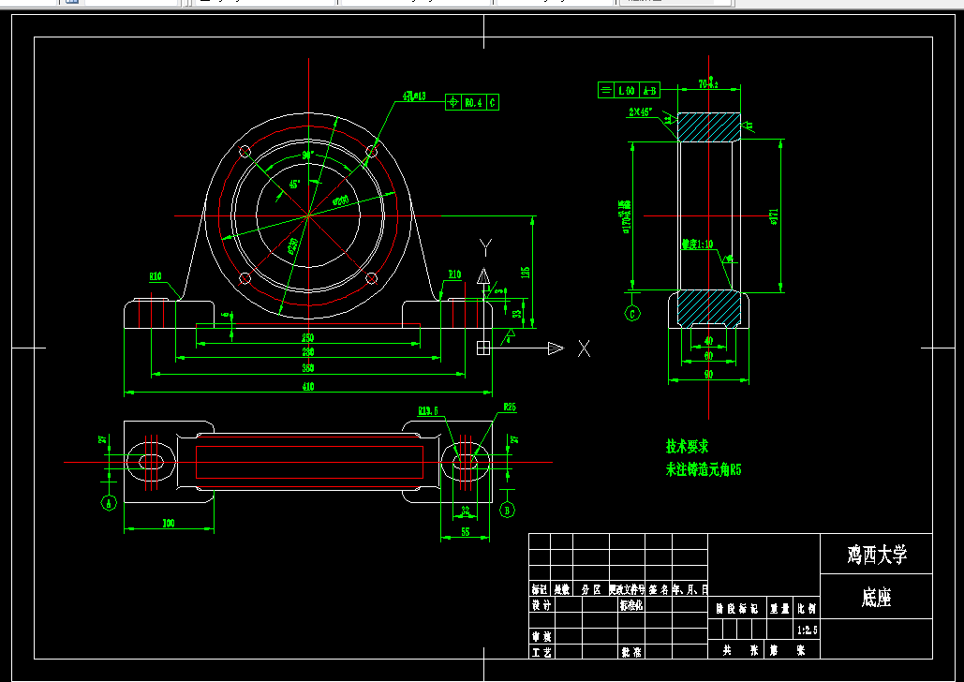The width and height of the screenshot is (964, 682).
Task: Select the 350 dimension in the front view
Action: click(x=307, y=368)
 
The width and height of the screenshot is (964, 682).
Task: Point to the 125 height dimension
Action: click(x=526, y=272)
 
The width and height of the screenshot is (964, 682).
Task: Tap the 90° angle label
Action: click(x=306, y=156)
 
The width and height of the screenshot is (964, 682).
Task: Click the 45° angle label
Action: click(x=294, y=185)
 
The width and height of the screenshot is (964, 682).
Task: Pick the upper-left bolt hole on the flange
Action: click(x=245, y=151)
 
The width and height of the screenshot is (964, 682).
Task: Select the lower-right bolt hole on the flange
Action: click(x=371, y=278)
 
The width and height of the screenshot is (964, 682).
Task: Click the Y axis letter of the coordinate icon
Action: click(x=485, y=246)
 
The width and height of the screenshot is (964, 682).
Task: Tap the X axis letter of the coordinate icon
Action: click(x=584, y=348)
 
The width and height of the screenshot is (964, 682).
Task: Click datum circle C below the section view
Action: click(x=632, y=314)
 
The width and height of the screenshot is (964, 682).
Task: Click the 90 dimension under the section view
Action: click(x=708, y=374)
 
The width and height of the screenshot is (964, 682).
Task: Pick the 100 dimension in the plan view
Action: click(x=169, y=523)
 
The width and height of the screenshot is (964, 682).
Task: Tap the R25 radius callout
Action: click(x=510, y=408)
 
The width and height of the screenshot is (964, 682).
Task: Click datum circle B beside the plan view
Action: click(x=508, y=510)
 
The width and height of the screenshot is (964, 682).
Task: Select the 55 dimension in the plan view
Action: click(x=465, y=531)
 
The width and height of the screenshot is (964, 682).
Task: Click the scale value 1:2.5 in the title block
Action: click(x=807, y=630)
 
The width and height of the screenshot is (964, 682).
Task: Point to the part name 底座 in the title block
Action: click(x=876, y=599)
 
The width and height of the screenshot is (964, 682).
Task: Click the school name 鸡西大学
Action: click(x=876, y=555)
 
